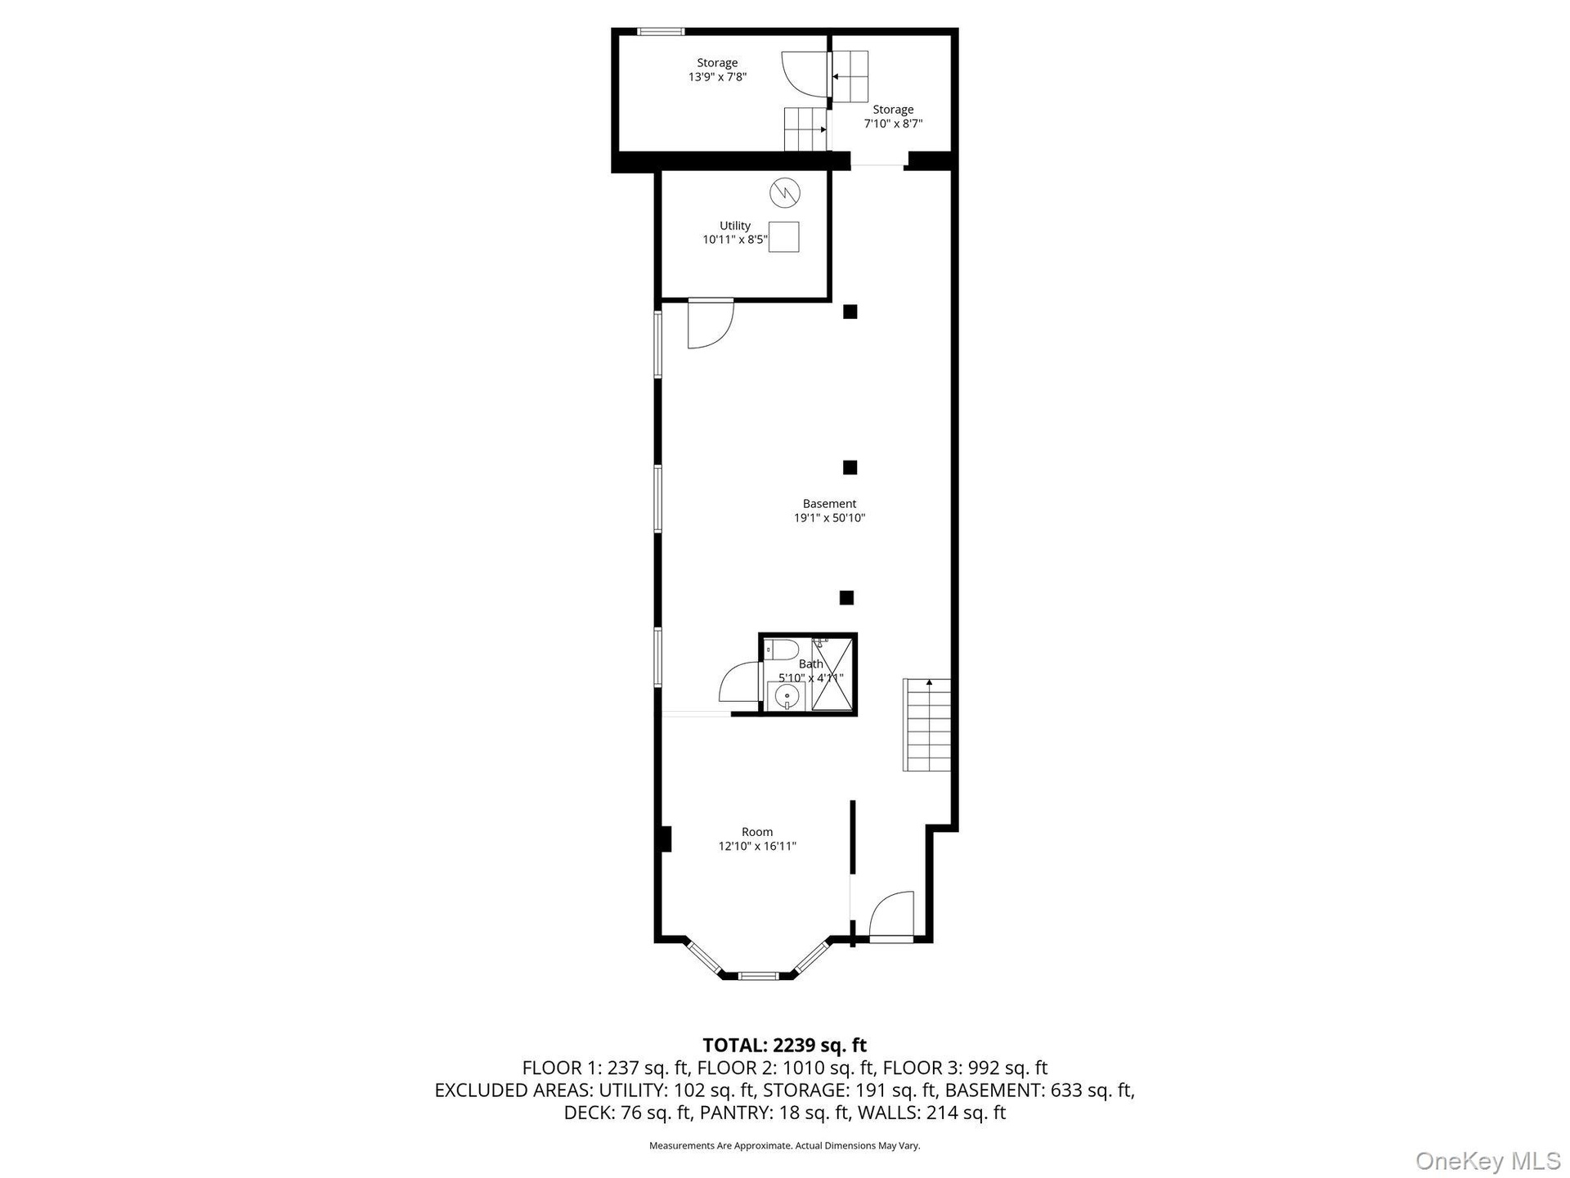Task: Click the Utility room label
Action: click(x=735, y=226)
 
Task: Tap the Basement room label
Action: click(x=829, y=504)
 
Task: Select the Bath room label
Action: click(x=811, y=664)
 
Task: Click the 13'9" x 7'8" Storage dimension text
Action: click(x=717, y=77)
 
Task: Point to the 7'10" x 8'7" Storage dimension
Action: click(x=893, y=124)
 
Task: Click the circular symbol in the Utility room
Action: click(x=785, y=193)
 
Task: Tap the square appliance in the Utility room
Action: click(x=784, y=236)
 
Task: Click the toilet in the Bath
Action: click(x=782, y=650)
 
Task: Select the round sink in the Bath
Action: click(x=786, y=696)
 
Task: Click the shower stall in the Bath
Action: click(x=832, y=674)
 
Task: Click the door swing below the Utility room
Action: click(x=710, y=324)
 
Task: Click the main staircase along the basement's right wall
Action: click(x=927, y=725)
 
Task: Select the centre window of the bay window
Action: click(x=757, y=975)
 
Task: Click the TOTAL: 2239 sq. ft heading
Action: click(x=785, y=1045)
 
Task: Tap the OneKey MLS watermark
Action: click(x=1487, y=1160)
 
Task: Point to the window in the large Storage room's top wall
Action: click(x=661, y=32)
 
